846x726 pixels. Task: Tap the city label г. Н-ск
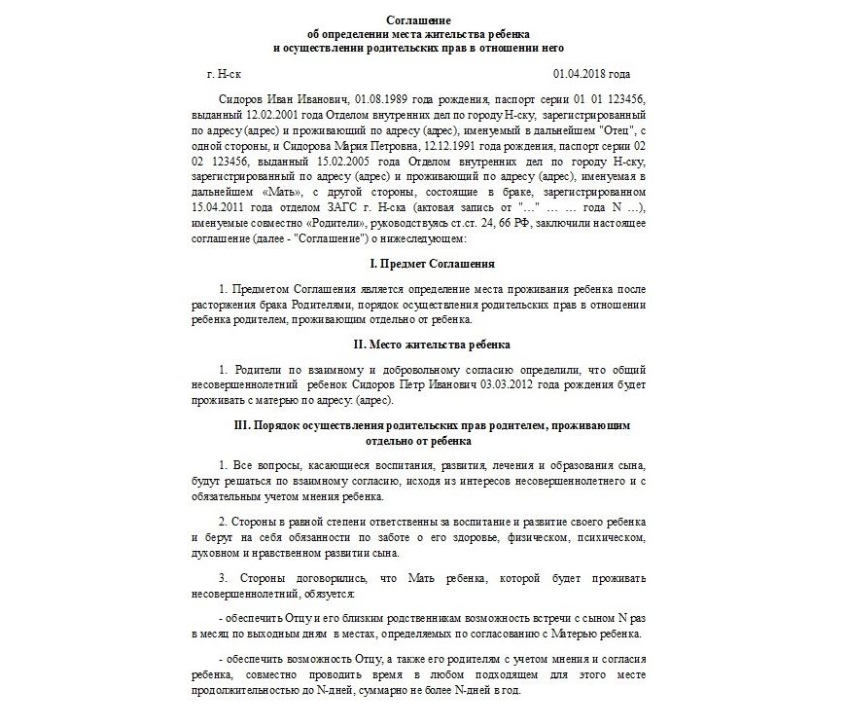click(229, 74)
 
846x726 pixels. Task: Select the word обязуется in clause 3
click(329, 593)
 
